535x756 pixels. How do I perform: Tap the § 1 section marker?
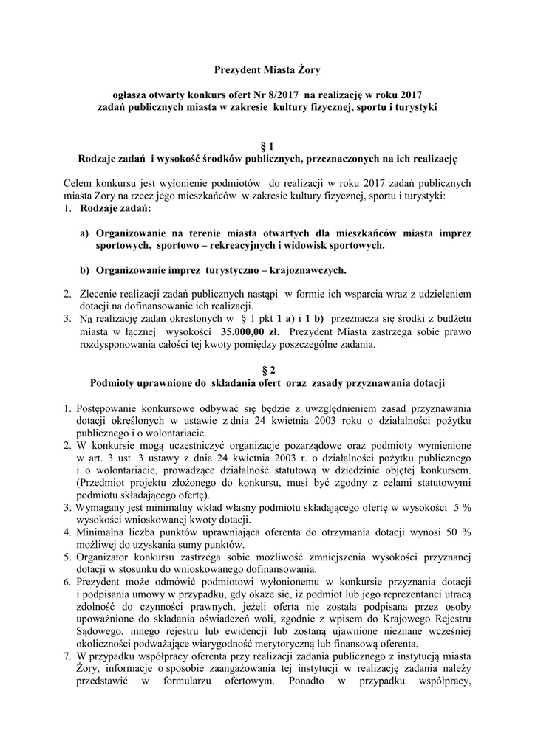(x=267, y=145)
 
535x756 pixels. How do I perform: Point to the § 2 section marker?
(x=267, y=369)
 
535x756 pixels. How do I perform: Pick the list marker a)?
(x=85, y=233)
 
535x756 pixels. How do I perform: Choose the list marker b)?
(x=85, y=269)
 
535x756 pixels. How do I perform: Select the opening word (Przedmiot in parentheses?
(x=103, y=481)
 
